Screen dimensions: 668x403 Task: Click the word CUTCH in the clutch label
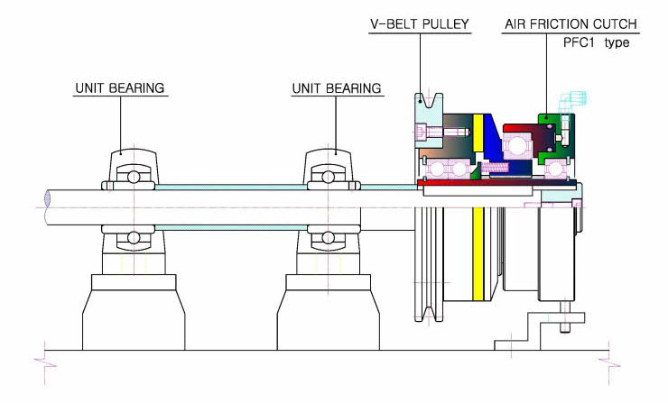pyautogui.click(x=615, y=23)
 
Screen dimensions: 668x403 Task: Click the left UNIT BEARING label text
pyautogui.click(x=120, y=88)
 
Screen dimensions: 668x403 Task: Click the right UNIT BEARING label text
pyautogui.click(x=337, y=88)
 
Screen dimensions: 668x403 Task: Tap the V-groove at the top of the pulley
pyautogui.click(x=430, y=100)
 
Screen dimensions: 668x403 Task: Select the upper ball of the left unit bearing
pyautogui.click(x=134, y=177)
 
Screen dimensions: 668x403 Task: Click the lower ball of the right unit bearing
pyautogui.click(x=328, y=237)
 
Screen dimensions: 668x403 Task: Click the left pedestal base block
pyautogui.click(x=134, y=313)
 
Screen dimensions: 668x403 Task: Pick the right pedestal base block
pyautogui.click(x=328, y=313)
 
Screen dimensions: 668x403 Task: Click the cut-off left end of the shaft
pyautogui.click(x=48, y=207)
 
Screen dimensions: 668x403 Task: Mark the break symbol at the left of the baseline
pyautogui.click(x=45, y=364)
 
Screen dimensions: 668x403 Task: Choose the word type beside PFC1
pyautogui.click(x=617, y=43)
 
